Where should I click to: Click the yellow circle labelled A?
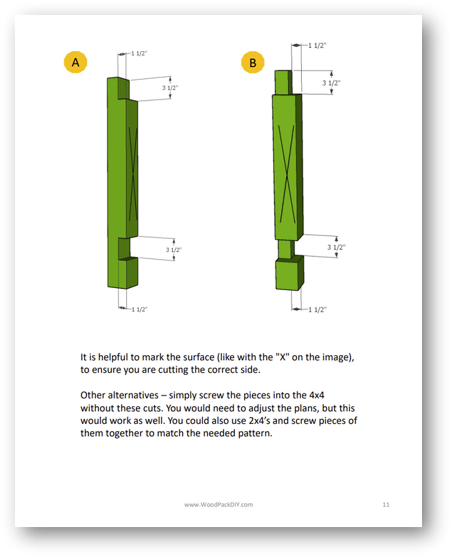point(75,62)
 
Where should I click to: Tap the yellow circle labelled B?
point(253,62)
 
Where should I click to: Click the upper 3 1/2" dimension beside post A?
point(170,88)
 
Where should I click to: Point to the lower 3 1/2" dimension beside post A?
point(174,250)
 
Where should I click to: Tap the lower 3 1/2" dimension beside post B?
point(336,247)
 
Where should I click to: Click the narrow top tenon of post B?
point(283,82)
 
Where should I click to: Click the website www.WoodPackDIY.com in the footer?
point(219,504)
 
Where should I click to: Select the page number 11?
point(386,504)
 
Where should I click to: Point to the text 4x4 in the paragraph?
point(317,395)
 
